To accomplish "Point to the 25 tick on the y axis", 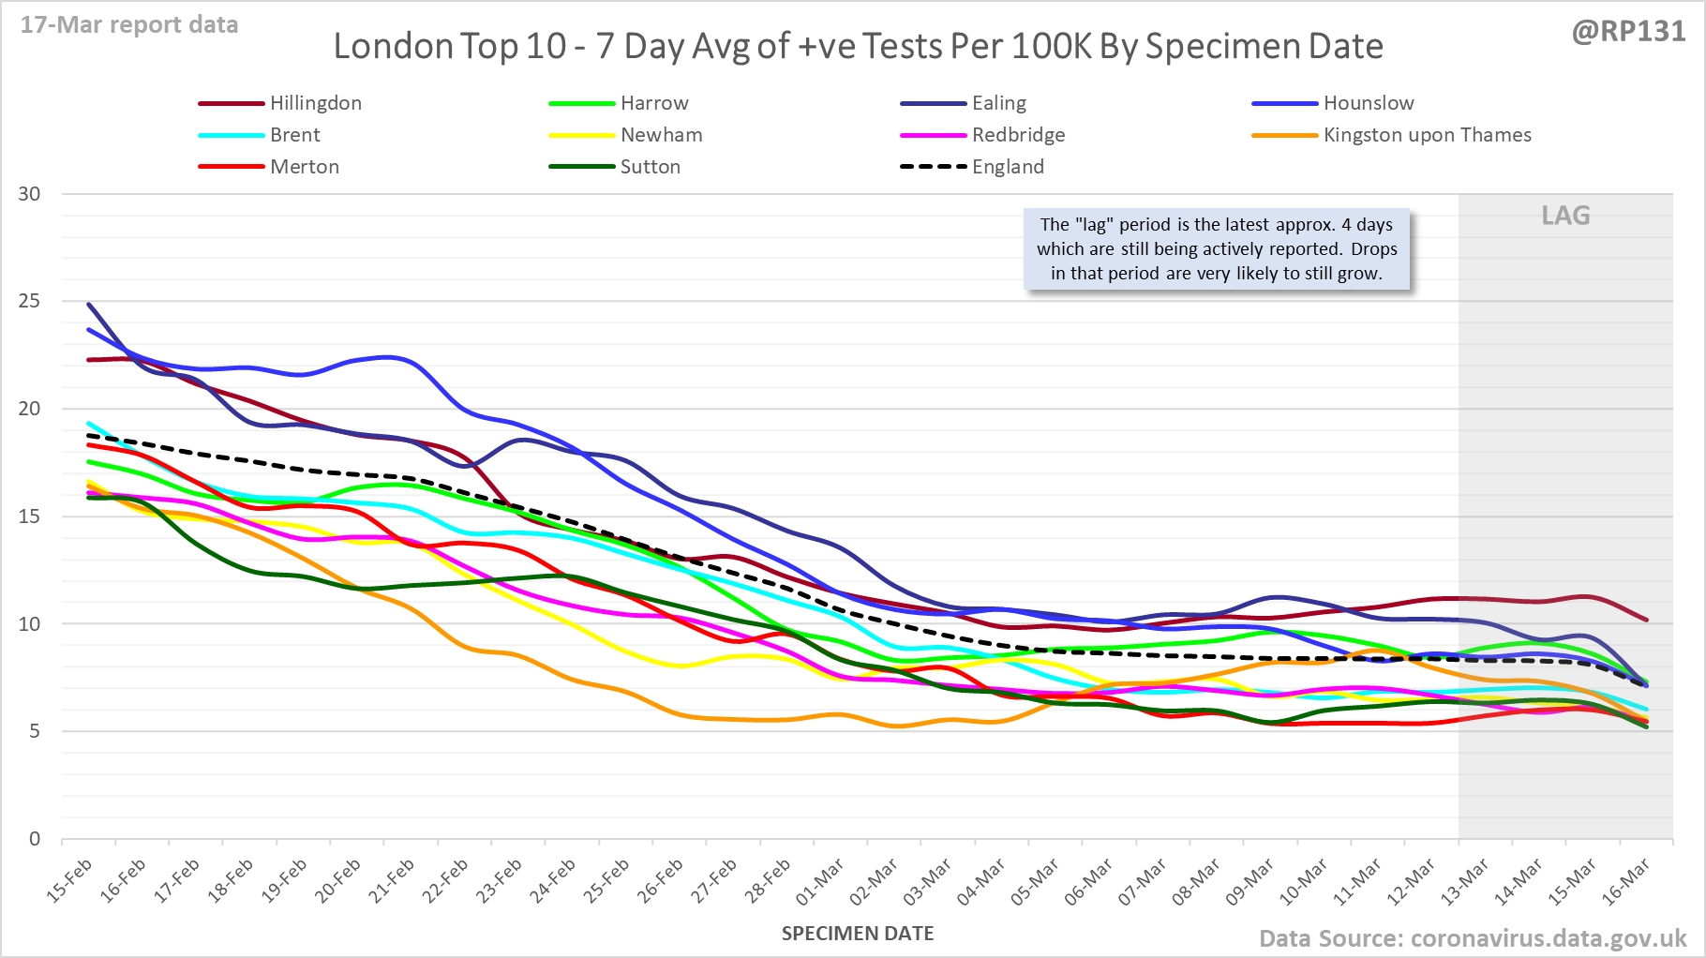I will (x=29, y=301).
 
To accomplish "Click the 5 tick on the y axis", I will (x=35, y=731).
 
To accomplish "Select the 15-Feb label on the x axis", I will (x=70, y=881).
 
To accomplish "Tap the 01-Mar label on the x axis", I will (x=821, y=881).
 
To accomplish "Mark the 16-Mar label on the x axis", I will (x=1627, y=881).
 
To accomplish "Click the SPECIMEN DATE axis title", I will (x=858, y=934).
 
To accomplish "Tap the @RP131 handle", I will (x=1628, y=31).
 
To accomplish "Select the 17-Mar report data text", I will (x=129, y=24).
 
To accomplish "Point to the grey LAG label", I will (x=1565, y=216).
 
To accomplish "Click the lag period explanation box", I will (x=1217, y=249).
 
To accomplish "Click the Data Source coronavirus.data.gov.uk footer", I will (x=1472, y=938).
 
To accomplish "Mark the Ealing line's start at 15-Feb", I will (x=89, y=304).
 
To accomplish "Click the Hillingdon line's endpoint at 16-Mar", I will (x=1647, y=620).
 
